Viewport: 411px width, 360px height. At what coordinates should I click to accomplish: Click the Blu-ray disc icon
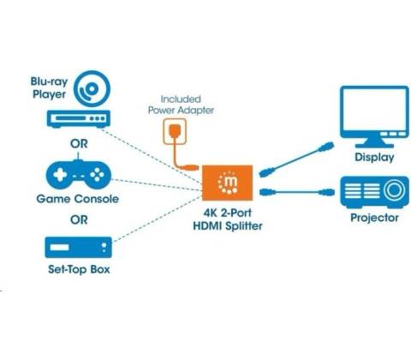click(x=92, y=89)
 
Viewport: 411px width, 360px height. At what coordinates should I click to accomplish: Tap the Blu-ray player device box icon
click(x=79, y=119)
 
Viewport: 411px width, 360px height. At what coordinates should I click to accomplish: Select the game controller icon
click(x=79, y=174)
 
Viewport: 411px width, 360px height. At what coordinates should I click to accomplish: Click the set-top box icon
click(x=79, y=248)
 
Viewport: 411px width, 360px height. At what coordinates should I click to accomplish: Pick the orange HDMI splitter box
click(x=228, y=183)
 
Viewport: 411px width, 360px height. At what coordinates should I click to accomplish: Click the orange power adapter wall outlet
click(x=175, y=131)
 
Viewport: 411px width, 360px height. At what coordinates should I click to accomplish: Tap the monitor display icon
click(x=374, y=117)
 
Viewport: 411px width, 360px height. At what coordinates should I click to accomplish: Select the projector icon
click(x=374, y=192)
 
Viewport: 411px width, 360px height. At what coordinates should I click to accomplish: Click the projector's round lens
click(x=394, y=189)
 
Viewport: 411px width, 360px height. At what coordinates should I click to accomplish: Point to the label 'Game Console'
click(x=78, y=199)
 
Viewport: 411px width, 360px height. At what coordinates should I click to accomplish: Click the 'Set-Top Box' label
click(x=79, y=269)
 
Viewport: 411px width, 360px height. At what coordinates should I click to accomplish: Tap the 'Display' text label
click(x=374, y=158)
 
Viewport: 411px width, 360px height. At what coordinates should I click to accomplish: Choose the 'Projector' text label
click(x=374, y=218)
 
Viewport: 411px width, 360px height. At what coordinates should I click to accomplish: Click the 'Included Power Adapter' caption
click(x=181, y=105)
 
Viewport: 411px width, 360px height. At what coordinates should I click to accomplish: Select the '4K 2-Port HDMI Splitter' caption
click(x=228, y=219)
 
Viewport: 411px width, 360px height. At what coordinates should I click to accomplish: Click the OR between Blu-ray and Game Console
click(x=79, y=144)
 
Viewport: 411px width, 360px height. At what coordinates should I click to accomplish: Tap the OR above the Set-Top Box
click(x=79, y=220)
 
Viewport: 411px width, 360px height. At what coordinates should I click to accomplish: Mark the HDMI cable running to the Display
click(x=296, y=159)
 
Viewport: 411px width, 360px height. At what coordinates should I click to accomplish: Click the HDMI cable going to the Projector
click(x=297, y=192)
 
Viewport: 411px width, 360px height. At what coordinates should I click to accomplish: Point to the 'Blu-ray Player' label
click(x=49, y=87)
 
